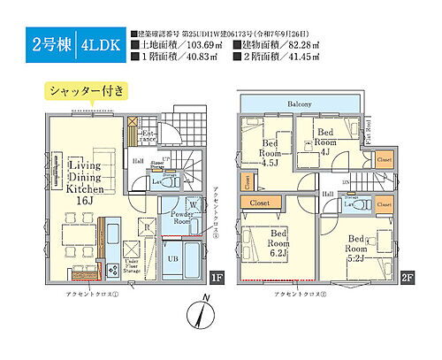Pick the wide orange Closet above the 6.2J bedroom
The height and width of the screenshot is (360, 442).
point(263,203)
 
